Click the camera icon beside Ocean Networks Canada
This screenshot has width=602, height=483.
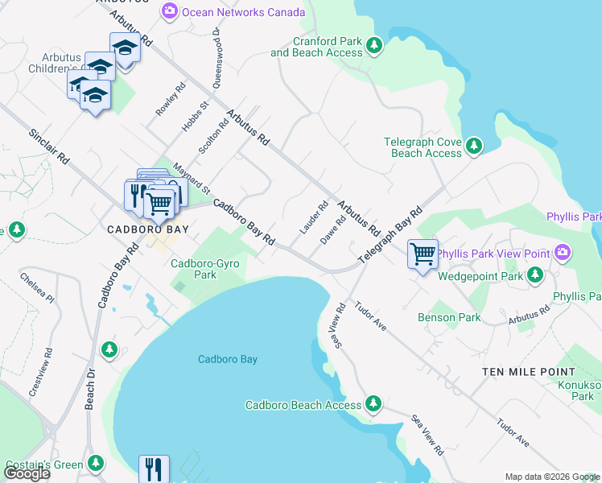tap(169, 11)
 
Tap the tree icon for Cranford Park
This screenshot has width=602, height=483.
tap(374, 46)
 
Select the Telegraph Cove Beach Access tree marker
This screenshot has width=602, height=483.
tap(475, 146)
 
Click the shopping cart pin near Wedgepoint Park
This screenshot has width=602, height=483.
tap(423, 254)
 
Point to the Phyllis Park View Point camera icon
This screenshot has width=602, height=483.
tap(562, 254)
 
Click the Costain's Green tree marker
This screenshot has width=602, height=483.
tap(96, 464)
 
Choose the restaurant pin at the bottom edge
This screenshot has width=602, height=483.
tap(154, 469)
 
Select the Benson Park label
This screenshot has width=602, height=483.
tap(449, 317)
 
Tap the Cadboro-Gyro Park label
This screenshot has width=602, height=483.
tap(205, 269)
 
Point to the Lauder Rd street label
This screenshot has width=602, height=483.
tap(314, 218)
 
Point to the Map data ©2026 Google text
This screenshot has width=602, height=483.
tap(552, 477)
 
